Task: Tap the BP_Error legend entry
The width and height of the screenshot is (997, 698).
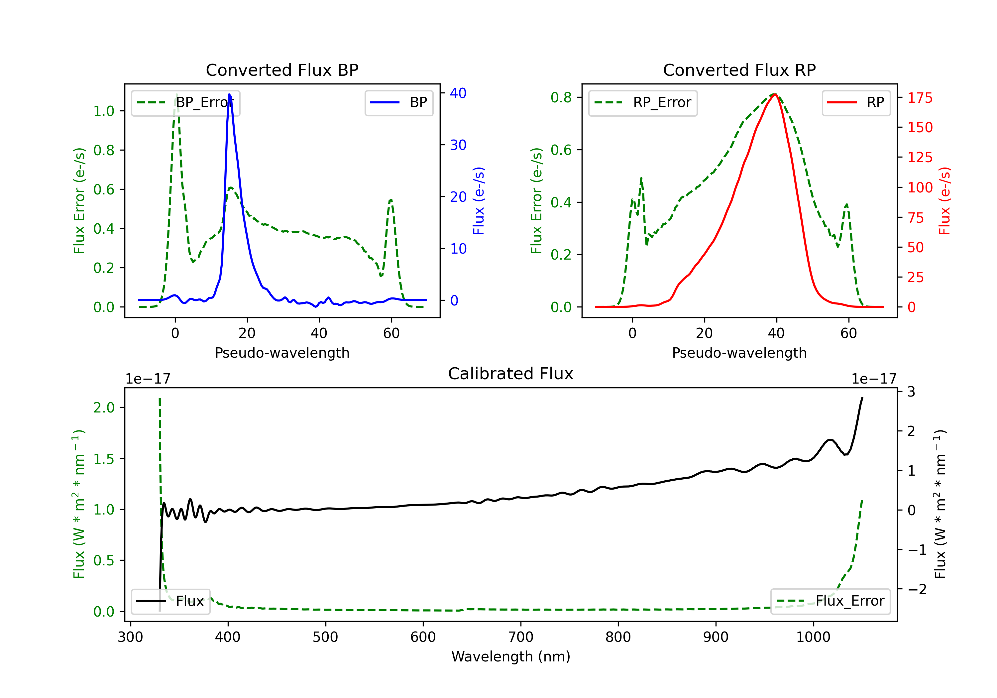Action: (185, 103)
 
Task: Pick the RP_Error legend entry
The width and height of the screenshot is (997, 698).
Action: (643, 103)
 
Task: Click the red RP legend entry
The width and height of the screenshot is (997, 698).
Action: (856, 103)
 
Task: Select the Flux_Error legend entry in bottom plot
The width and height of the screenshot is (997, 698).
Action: (830, 601)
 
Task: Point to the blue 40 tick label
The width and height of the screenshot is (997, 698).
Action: (458, 93)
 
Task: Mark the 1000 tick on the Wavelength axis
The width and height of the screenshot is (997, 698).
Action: (813, 637)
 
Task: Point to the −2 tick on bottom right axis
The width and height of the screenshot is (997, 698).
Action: (916, 589)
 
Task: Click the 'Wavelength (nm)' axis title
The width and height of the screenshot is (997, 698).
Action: (511, 657)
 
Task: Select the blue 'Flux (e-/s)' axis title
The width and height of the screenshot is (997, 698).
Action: (479, 201)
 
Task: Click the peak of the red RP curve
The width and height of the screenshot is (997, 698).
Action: (775, 94)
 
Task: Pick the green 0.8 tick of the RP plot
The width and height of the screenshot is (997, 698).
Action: (561, 98)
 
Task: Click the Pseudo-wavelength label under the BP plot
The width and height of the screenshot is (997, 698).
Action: (282, 353)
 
